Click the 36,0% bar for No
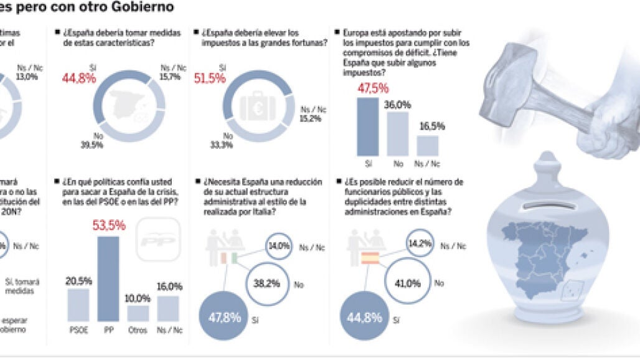[x=397, y=133]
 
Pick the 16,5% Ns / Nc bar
[x=427, y=145]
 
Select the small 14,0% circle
[x=279, y=246]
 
